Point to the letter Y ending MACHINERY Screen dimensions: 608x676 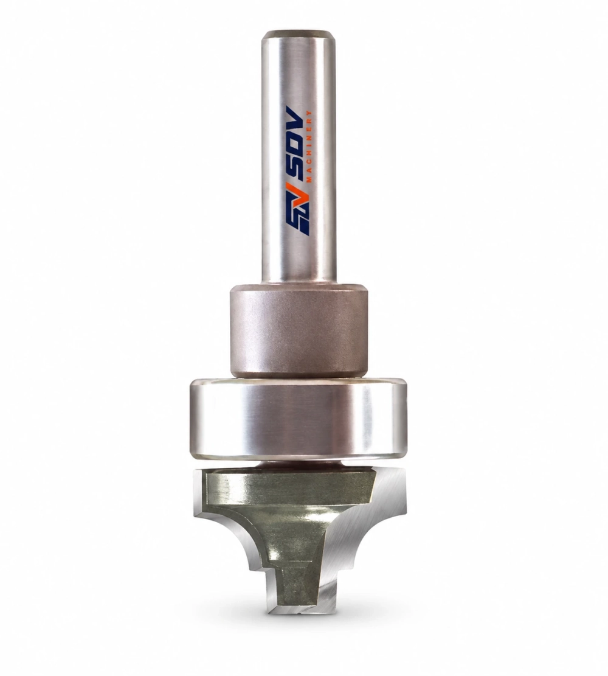309,113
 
